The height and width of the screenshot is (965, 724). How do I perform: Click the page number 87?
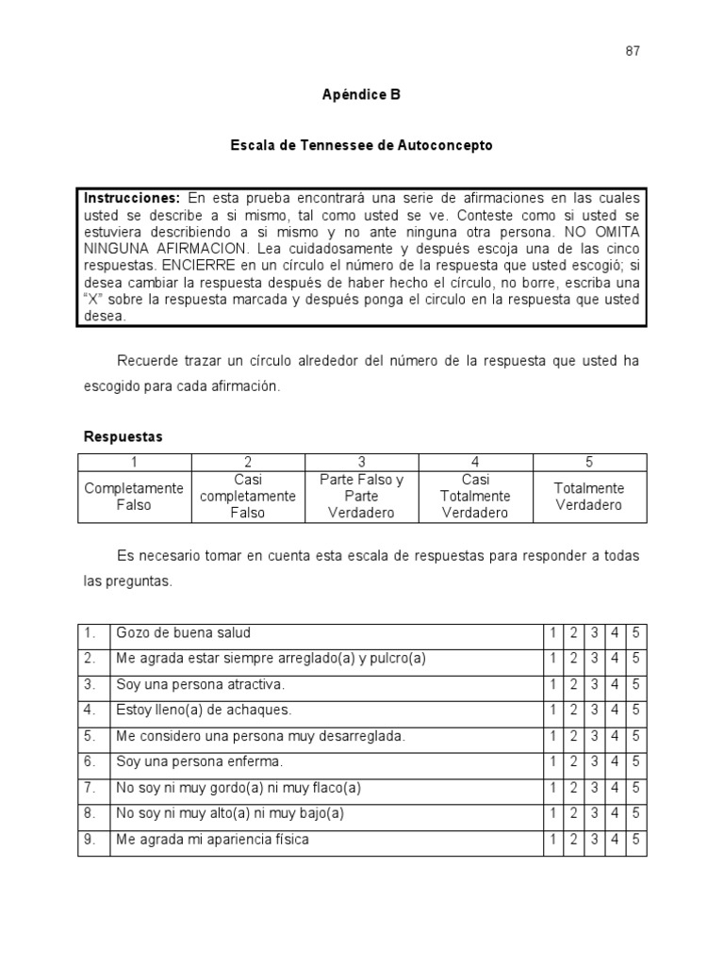point(633,51)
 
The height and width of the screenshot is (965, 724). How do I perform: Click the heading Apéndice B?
point(362,95)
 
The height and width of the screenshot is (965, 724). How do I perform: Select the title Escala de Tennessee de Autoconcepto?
point(362,146)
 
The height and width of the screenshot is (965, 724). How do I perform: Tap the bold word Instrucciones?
point(131,198)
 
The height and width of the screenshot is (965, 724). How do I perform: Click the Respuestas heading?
point(123,437)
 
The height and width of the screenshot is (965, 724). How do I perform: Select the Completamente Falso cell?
point(134,497)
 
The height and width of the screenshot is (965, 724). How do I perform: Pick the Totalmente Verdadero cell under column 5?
point(589,497)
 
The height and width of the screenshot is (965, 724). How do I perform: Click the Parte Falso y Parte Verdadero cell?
point(362,497)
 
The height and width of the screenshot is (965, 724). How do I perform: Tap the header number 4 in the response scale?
point(475,462)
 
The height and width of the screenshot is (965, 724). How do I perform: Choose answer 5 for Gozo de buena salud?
point(636,633)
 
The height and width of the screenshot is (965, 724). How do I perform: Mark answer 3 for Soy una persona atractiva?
point(594,684)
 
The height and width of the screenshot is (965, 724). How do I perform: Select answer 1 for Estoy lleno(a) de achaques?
point(552,710)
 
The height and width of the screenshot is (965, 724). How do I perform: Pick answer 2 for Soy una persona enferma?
point(573,761)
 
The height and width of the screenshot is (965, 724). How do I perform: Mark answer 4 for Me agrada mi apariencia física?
point(616,839)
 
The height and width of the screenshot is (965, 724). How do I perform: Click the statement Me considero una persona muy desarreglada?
point(260,736)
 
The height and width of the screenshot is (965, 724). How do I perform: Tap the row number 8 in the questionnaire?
point(90,812)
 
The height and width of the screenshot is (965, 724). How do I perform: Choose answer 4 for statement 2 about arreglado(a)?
point(616,659)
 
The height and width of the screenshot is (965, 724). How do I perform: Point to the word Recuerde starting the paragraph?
point(146,362)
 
